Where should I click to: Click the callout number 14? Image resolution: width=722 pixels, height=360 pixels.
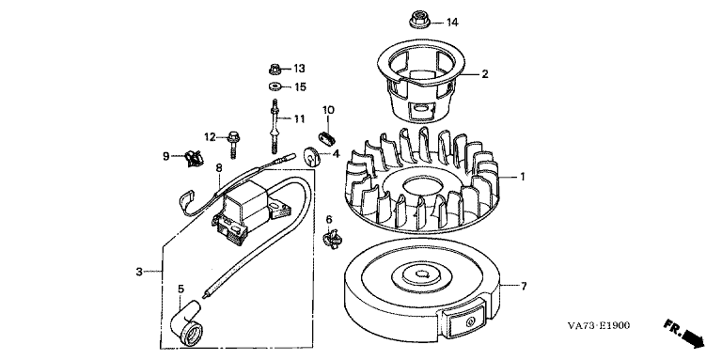[452, 23]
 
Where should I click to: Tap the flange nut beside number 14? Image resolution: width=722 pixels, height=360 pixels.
[418, 21]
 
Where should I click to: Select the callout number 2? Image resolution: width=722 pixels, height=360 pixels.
[484, 73]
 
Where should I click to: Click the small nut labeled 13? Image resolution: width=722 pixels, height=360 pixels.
[275, 70]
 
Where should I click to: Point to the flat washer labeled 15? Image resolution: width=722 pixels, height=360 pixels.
[275, 86]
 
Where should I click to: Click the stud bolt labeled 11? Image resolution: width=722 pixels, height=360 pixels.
[275, 126]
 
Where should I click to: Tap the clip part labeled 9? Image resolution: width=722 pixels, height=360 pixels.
[193, 158]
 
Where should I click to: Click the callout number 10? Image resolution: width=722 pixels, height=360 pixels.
[328, 110]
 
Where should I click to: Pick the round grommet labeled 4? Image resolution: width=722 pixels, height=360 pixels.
[313, 156]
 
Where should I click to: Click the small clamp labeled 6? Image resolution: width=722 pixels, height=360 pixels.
[333, 238]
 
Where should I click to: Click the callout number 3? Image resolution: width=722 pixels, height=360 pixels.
[139, 272]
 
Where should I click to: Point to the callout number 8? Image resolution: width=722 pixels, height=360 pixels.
[219, 167]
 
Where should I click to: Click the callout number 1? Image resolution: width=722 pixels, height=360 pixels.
[522, 177]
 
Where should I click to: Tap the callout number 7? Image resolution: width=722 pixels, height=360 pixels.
[524, 286]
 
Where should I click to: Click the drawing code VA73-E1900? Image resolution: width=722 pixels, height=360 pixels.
[598, 326]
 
